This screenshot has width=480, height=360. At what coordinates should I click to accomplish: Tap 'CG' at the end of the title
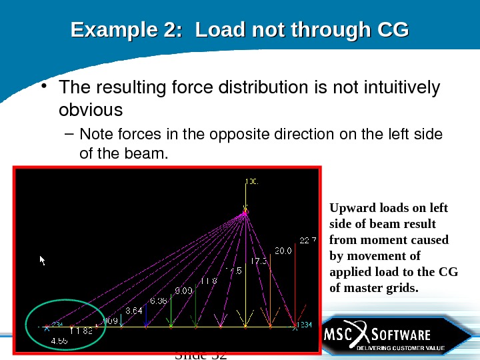point(393,30)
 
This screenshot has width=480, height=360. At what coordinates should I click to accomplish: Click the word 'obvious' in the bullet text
point(91,109)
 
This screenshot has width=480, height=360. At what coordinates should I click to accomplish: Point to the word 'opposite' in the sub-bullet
point(240,134)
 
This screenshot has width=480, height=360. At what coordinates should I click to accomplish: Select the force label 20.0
point(283,251)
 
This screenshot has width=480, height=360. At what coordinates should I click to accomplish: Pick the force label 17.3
point(259,261)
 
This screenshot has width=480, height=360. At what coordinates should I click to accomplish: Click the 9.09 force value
point(185,290)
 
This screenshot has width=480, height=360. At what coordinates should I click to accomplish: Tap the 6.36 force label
point(159,301)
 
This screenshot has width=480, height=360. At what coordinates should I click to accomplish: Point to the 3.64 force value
point(134,311)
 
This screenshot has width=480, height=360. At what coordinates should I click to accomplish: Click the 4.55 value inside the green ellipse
point(60,340)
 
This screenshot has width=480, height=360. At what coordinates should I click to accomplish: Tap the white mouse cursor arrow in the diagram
point(43,260)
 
